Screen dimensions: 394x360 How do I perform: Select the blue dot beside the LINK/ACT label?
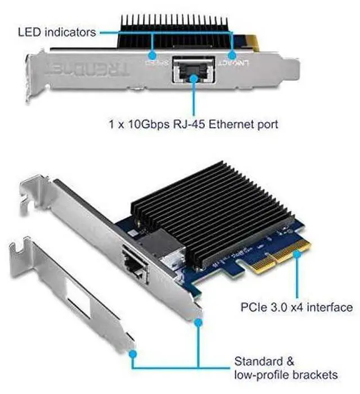[231, 56]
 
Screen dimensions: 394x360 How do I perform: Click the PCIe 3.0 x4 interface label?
[296, 307]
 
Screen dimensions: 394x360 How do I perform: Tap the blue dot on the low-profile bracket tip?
[133, 354]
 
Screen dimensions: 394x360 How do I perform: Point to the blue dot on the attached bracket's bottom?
[197, 321]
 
